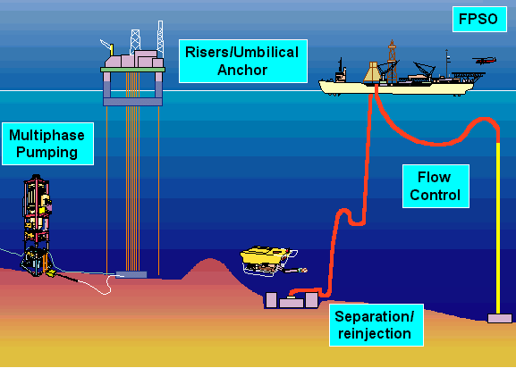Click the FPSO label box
479,19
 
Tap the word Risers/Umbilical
242,52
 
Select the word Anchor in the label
242,70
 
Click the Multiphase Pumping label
47,144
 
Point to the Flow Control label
436,186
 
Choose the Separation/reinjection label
376,325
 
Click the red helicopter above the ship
485,61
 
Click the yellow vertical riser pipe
498,228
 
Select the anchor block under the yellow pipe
500,318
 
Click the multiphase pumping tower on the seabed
36,227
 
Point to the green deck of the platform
132,70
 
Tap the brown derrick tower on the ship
392,62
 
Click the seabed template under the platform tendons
131,275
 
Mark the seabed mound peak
209,259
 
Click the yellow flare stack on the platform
112,50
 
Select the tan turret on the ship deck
372,72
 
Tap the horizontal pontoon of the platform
132,102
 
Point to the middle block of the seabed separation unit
292,302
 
